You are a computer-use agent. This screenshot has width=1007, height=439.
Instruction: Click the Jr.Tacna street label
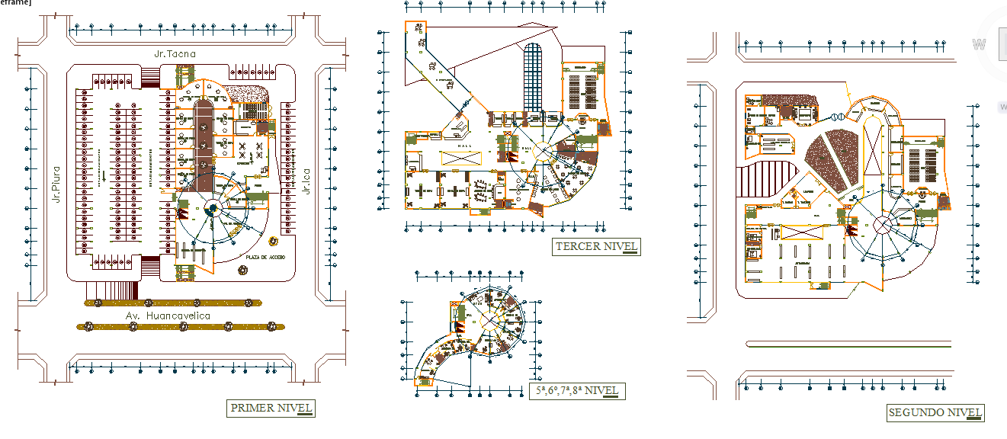point(175,54)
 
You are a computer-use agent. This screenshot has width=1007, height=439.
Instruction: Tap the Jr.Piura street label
point(56,184)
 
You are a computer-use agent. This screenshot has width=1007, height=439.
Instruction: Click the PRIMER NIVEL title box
point(271,409)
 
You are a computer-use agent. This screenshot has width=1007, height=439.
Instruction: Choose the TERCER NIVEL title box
point(596,246)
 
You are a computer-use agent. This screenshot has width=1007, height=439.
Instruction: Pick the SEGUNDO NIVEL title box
point(935,413)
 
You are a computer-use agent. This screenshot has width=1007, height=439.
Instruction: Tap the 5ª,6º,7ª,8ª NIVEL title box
point(576,391)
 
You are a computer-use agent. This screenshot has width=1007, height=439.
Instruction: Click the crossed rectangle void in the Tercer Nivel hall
point(462,157)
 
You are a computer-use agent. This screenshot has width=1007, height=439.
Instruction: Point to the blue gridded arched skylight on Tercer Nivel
point(533,76)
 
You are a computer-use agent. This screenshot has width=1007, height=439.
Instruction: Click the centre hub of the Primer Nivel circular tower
point(213,208)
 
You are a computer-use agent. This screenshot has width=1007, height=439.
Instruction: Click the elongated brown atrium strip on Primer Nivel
point(204,145)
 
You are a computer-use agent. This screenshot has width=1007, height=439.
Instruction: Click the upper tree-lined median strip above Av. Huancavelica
point(172,303)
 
